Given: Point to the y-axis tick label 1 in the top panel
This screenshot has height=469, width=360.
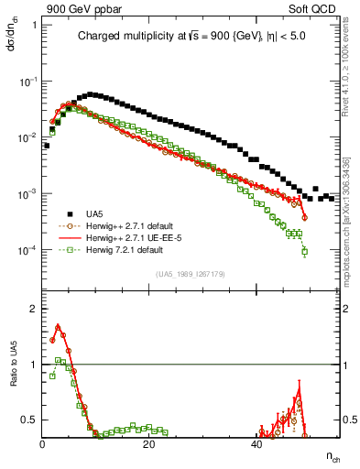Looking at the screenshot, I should click(x=36, y=25).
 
